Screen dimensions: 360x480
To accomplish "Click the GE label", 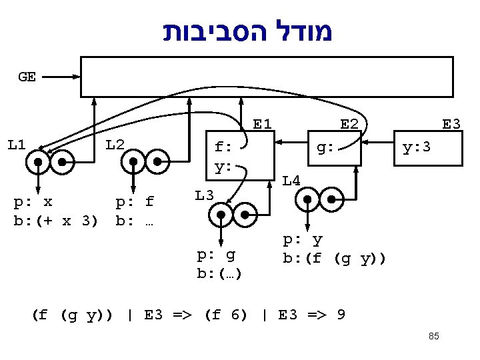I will [x=27, y=77].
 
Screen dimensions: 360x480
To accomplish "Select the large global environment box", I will [x=267, y=77].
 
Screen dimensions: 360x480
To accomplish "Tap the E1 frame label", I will [x=262, y=124].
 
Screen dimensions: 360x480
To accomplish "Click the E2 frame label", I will [x=349, y=124].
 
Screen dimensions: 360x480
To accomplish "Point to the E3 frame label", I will [x=451, y=124].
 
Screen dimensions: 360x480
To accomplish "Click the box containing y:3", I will [x=428, y=148].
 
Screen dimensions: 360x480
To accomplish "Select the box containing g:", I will [x=333, y=148].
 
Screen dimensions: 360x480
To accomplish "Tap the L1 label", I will [x=17, y=144].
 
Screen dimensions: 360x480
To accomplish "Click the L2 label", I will [x=115, y=144].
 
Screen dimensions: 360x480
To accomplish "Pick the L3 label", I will [x=204, y=195].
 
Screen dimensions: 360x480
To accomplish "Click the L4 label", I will [x=291, y=179].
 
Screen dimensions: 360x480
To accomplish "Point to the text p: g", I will [x=216, y=255].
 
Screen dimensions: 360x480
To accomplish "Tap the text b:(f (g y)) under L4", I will [x=334, y=257].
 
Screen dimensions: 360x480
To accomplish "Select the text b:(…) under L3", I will [x=219, y=273].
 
